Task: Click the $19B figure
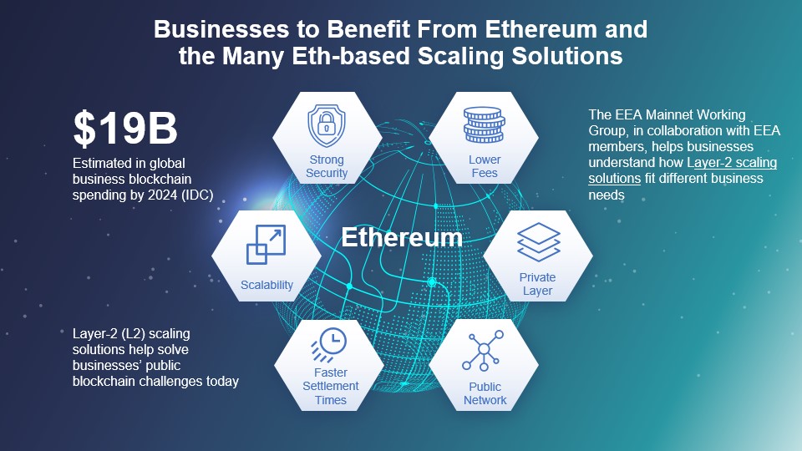(125, 129)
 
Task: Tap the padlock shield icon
(327, 125)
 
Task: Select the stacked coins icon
(484, 124)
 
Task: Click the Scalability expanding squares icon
(266, 245)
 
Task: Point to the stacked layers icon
(539, 242)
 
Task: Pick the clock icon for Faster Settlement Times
(329, 345)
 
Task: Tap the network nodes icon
(483, 350)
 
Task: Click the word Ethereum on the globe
(402, 237)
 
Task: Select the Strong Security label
(327, 166)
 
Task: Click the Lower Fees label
(485, 166)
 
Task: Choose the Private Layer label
(537, 284)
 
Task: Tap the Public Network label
(485, 393)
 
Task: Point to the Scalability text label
(266, 285)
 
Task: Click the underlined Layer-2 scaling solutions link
(683, 170)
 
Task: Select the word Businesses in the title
(221, 29)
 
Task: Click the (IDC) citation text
(197, 195)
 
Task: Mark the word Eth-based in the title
(351, 56)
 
